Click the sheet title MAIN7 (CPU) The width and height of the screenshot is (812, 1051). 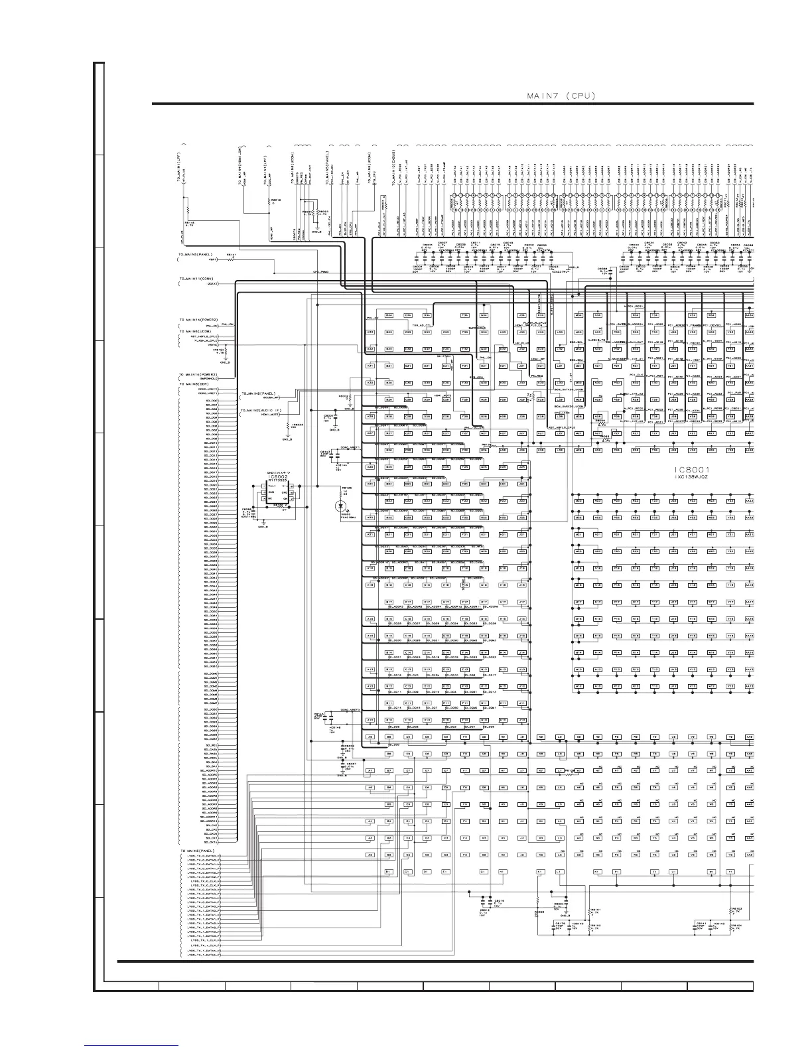click(x=561, y=96)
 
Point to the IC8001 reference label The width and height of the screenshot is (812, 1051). click(x=691, y=468)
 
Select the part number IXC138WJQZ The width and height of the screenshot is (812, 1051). click(x=691, y=477)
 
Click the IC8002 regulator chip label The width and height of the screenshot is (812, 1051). click(x=277, y=476)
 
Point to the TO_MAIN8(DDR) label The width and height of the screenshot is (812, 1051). click(x=199, y=384)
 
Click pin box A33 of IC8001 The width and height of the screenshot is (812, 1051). click(x=370, y=331)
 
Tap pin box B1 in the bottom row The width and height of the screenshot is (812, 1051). click(x=389, y=871)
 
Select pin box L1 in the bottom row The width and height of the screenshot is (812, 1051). click(x=559, y=871)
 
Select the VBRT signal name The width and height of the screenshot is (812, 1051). click(x=214, y=259)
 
